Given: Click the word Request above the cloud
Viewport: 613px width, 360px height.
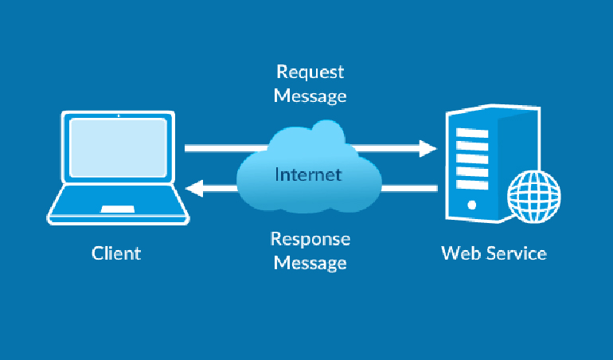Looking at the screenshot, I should coord(310,72).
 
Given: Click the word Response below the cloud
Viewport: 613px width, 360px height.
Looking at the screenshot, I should coord(310,239).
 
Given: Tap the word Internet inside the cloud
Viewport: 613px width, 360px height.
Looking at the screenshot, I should coord(308,174).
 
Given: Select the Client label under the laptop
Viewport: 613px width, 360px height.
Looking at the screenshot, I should coord(116,254).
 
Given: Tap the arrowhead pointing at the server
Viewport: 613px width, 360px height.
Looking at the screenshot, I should coord(430,148).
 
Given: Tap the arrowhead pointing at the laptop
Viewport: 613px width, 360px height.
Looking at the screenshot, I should coord(193,189).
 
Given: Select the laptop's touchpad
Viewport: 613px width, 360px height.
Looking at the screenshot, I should coord(117,209).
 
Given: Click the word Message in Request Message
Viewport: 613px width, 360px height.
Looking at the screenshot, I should coord(310,96).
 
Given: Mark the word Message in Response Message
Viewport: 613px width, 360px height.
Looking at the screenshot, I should coord(310,263).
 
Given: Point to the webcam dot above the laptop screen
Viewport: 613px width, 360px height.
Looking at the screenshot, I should coord(118,115).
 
